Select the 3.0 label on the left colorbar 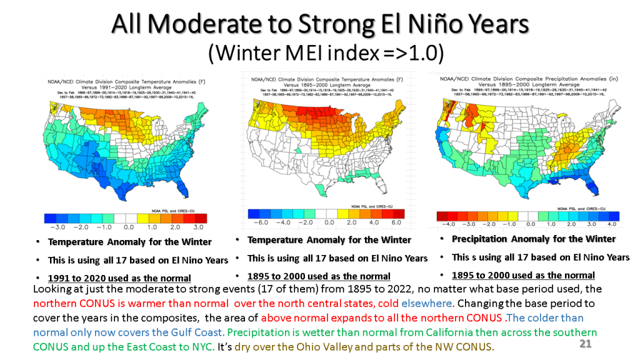coord(198,227)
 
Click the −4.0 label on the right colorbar coord(447,223)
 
